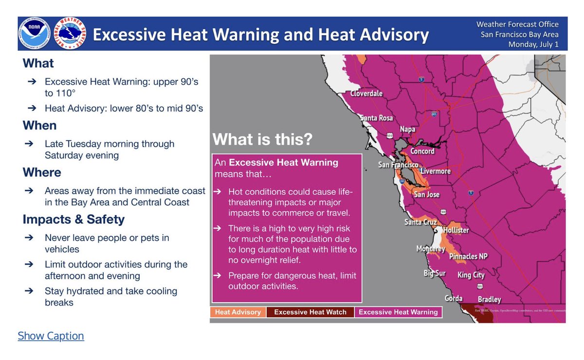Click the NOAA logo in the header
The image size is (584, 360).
click(x=35, y=34)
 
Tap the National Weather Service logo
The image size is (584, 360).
click(x=71, y=34)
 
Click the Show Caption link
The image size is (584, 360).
click(x=51, y=336)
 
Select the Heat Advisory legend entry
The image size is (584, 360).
click(x=238, y=312)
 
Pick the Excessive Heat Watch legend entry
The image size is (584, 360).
click(x=310, y=312)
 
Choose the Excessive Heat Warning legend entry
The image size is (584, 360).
click(x=398, y=312)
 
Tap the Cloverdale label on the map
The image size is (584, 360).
click(x=366, y=93)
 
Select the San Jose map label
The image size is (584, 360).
click(x=426, y=195)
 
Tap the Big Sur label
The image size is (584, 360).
click(x=434, y=273)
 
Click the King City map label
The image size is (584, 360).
click(x=471, y=275)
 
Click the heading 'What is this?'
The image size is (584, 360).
click(x=262, y=140)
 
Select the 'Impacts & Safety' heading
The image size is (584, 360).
click(x=73, y=219)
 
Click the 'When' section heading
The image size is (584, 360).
click(x=39, y=126)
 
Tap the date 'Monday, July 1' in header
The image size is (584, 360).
click(x=533, y=44)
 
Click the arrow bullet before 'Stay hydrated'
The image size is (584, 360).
click(x=30, y=291)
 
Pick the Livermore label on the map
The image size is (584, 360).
click(x=436, y=171)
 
